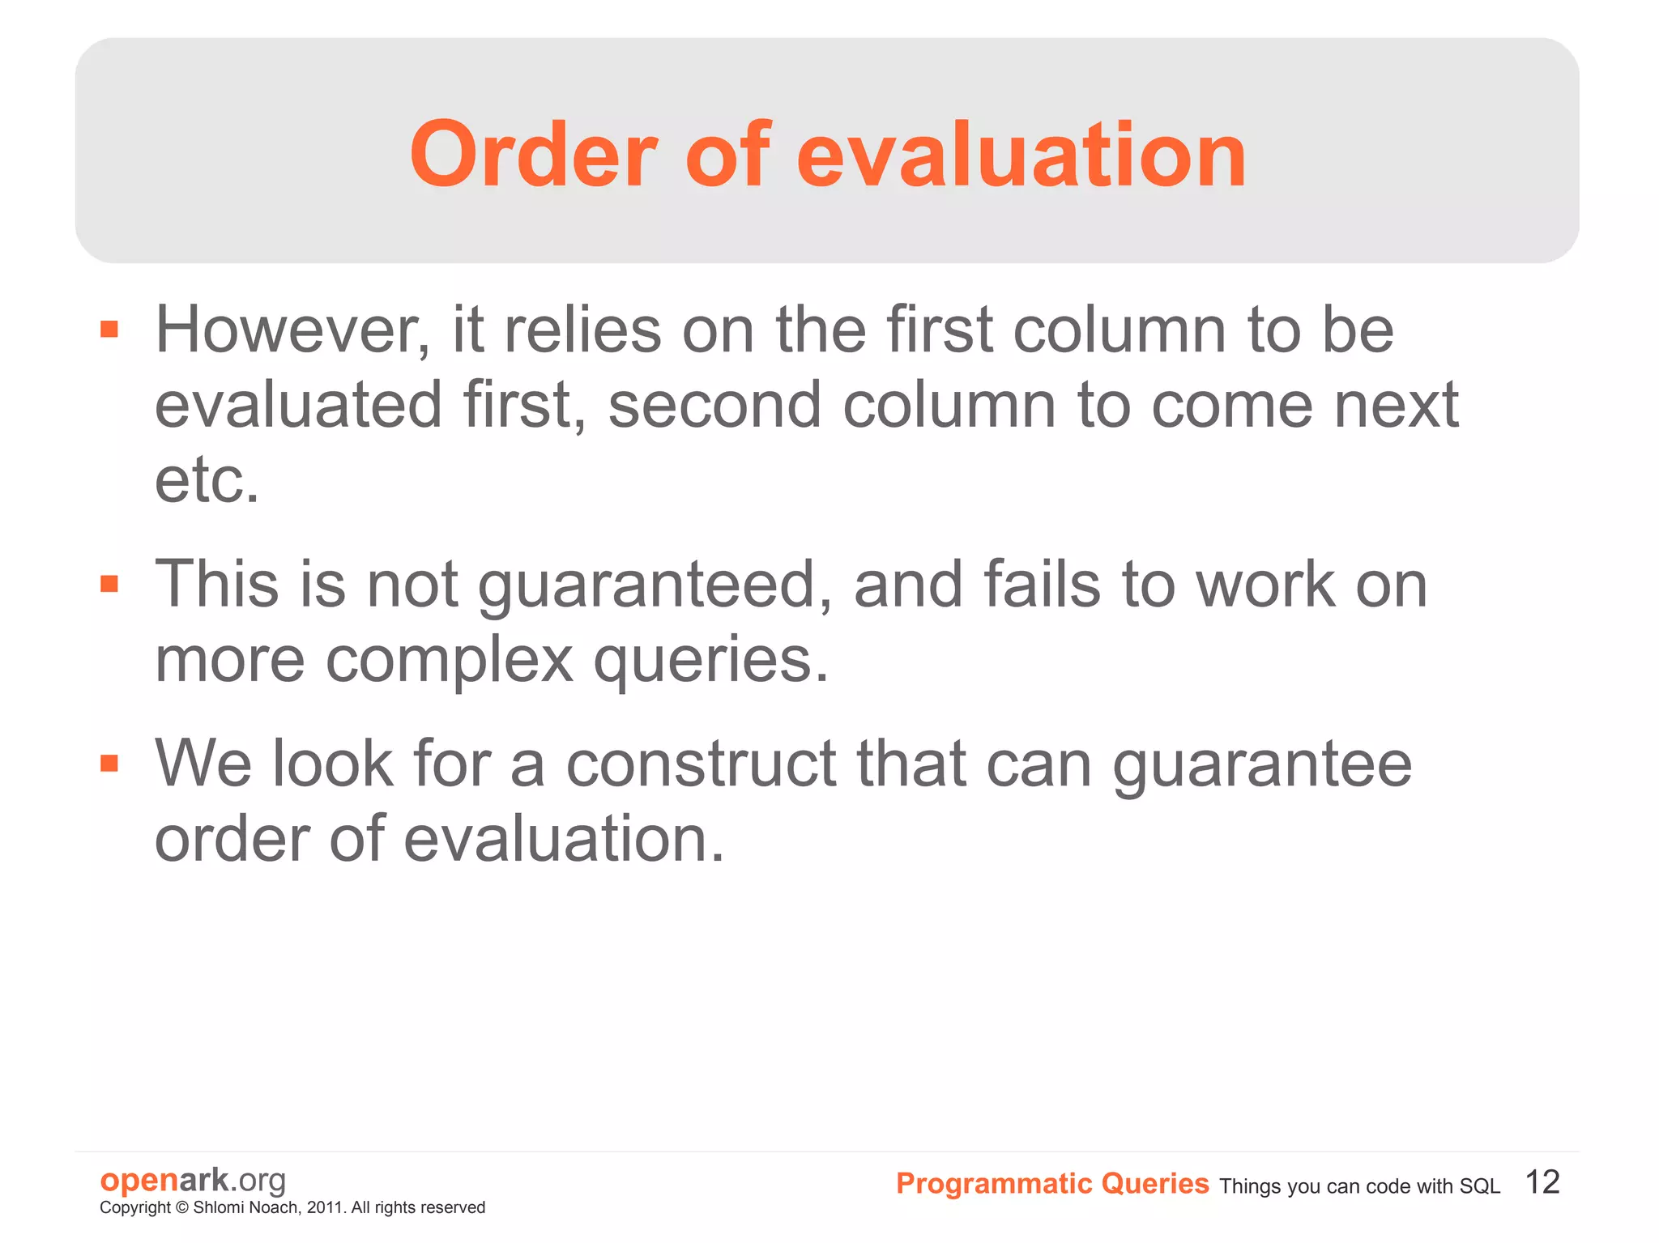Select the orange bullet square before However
pyautogui.click(x=109, y=329)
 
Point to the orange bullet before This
pyautogui.click(x=109, y=583)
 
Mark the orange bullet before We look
pyautogui.click(x=109, y=763)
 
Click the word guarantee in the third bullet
pyautogui.click(x=1262, y=765)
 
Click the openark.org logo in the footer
pyautogui.click(x=193, y=1180)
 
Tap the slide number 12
pyautogui.click(x=1542, y=1182)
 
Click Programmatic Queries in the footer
pyautogui.click(x=1052, y=1184)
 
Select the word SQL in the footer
pyautogui.click(x=1479, y=1186)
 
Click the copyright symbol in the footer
pyautogui.click(x=181, y=1207)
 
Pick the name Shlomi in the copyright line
pyautogui.click(x=218, y=1207)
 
